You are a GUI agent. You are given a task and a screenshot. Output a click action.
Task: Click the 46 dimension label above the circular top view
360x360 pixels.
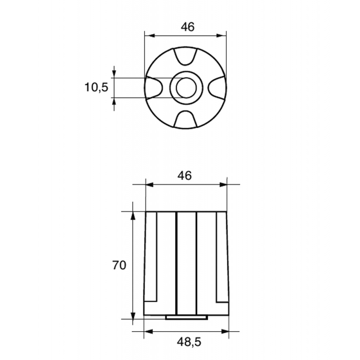188,27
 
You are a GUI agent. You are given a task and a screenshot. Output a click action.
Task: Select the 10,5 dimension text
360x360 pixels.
96,87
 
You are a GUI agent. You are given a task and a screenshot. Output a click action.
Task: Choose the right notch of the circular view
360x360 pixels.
217,88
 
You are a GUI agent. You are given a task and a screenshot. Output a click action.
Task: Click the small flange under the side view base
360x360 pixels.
186,317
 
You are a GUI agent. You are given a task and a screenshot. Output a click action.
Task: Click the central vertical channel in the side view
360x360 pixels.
186,263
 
